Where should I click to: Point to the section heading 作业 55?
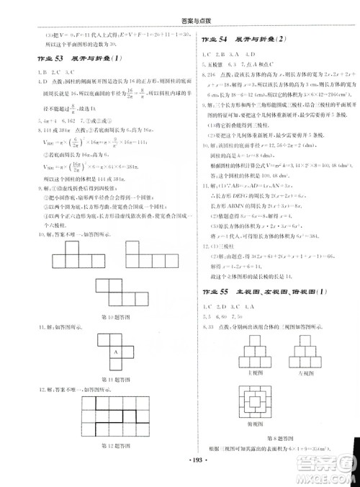coord(215,290)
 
